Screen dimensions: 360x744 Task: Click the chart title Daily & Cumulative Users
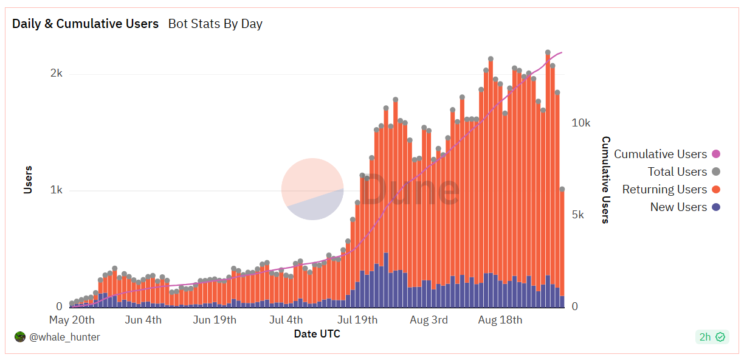click(85, 24)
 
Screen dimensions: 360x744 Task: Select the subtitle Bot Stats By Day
click(215, 24)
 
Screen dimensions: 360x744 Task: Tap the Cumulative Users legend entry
click(660, 154)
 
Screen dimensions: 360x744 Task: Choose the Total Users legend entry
click(677, 172)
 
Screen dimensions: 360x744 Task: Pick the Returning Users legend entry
click(664, 190)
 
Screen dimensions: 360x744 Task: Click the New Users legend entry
click(678, 207)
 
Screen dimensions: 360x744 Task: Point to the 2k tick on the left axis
click(57, 74)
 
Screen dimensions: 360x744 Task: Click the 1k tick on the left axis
click(57, 190)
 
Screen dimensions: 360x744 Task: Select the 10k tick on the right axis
click(581, 123)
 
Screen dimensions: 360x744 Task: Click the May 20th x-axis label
click(72, 320)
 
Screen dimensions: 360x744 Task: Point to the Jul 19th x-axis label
click(357, 320)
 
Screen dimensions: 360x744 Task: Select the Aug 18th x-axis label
click(500, 320)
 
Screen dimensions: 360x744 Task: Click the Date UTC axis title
click(317, 334)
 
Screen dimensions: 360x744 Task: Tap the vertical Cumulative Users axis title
click(605, 180)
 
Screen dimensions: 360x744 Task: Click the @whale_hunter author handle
click(64, 337)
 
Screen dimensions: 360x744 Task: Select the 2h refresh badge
click(712, 337)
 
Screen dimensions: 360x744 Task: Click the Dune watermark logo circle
click(312, 189)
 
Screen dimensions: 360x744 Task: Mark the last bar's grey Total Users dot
click(562, 190)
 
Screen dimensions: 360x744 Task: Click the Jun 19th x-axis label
click(215, 320)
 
